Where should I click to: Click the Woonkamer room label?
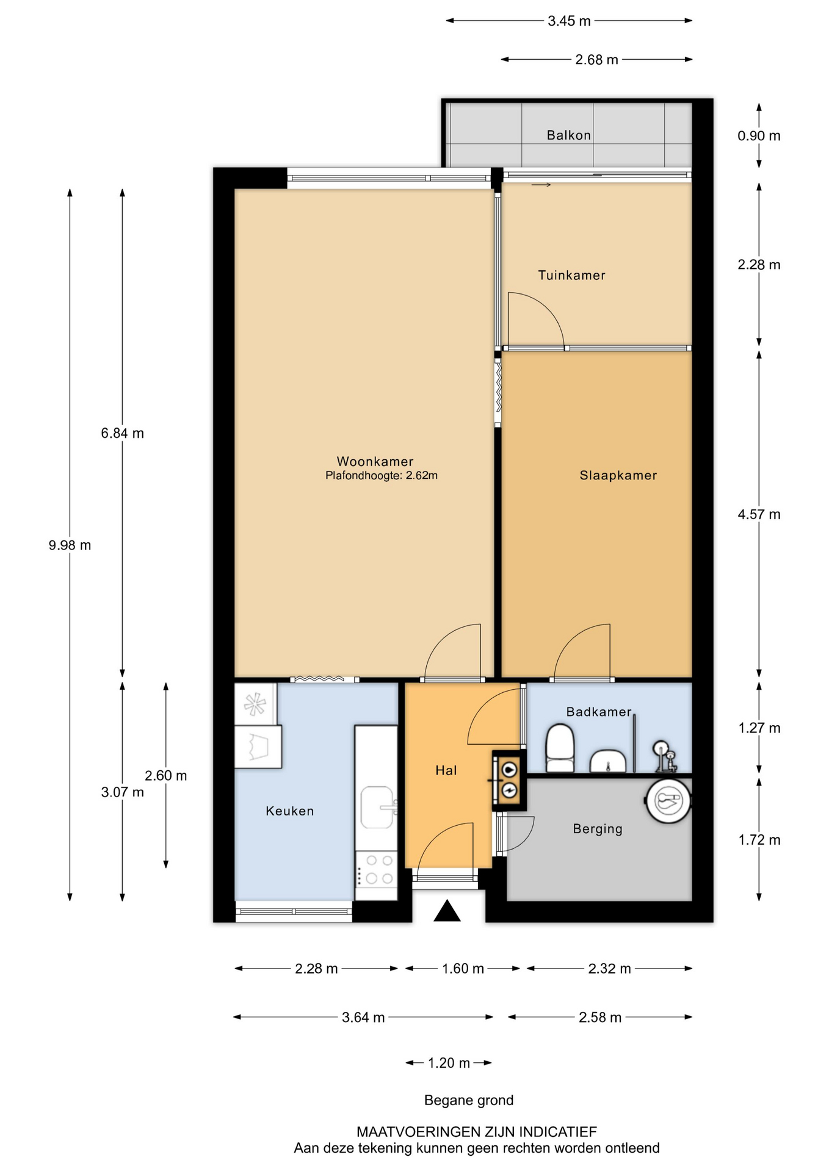pos(375,462)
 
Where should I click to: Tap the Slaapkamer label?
pos(618,475)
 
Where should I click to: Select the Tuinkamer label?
pos(571,275)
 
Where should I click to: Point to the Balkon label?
pos(569,135)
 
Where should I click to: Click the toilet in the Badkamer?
pos(560,748)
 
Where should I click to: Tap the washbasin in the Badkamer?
pos(607,761)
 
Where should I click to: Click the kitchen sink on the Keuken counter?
pos(377,808)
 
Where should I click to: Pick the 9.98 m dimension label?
pos(70,545)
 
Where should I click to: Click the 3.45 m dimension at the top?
pos(569,21)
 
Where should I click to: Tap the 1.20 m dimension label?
pos(449,1063)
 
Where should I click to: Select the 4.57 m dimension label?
pos(759,514)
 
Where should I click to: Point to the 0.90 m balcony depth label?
pos(759,135)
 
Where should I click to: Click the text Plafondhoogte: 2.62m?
pos(382,476)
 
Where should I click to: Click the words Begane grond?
pos(469,1100)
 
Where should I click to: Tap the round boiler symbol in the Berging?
pos(668,801)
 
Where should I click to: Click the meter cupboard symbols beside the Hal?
pos(509,780)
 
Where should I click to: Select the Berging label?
pos(598,829)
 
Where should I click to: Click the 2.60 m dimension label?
pos(165,776)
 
